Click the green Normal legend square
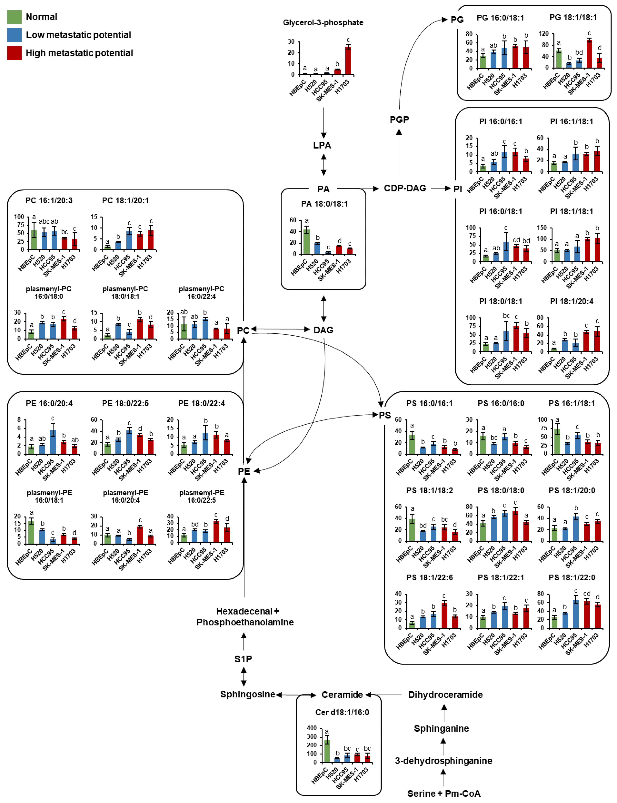14,17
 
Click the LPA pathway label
322,145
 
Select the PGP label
399,120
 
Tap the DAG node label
323,330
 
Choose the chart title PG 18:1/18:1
573,17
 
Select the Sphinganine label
441,729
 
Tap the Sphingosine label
247,694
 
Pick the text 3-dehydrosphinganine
444,761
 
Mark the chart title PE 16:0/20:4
49,403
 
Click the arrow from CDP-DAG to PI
441,188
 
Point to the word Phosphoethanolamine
245,622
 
